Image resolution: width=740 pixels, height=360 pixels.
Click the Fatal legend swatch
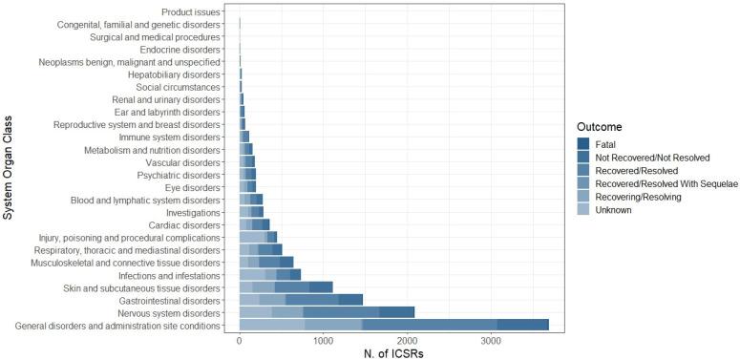(x=583, y=143)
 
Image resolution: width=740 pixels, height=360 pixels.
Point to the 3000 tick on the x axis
(x=491, y=341)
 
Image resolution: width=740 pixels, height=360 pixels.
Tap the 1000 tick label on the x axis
(x=323, y=341)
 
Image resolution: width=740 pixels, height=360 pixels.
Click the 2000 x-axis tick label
(x=407, y=341)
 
